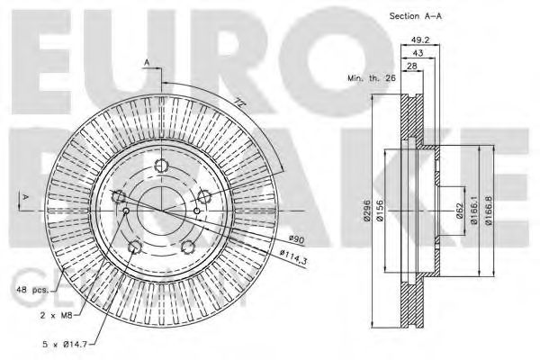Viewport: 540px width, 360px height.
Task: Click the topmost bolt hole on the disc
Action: coord(161,166)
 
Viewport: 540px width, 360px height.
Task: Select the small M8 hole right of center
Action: coord(197,211)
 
